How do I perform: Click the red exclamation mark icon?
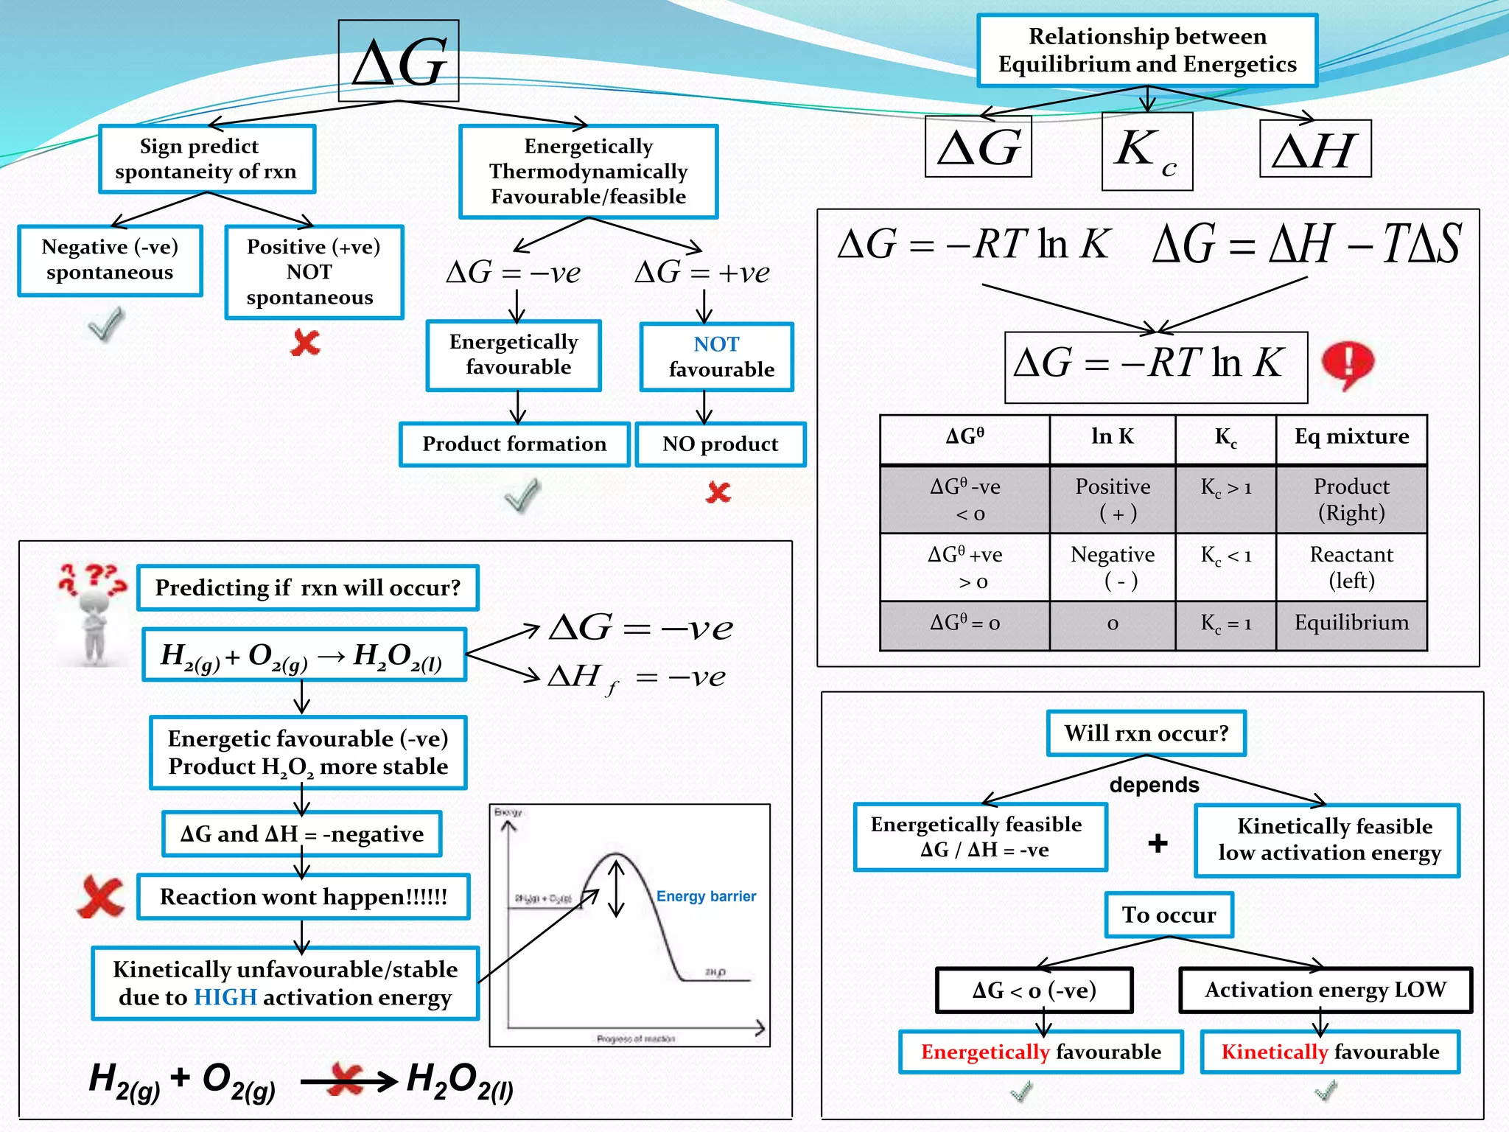coord(1348,364)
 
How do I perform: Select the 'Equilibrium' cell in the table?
coord(1351,623)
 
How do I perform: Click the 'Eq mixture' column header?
coord(1351,437)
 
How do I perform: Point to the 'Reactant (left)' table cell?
coord(1351,567)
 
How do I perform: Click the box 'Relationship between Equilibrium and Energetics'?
coord(1146,50)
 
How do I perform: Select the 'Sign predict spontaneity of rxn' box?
coord(207,158)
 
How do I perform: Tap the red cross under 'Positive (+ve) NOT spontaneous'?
coord(306,343)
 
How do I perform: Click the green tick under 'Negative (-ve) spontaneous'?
coord(106,324)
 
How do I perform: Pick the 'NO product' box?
coord(720,444)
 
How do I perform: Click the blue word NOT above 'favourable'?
coord(716,344)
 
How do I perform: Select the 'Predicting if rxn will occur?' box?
coord(308,587)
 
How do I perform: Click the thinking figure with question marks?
coord(93,614)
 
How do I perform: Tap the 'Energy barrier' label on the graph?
coord(706,896)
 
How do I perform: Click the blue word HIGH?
coord(225,998)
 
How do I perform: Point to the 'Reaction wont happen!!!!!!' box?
coord(304,897)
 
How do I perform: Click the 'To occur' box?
coord(1169,915)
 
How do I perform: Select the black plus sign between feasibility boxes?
coord(1158,842)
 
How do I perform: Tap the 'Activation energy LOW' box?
coord(1325,990)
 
